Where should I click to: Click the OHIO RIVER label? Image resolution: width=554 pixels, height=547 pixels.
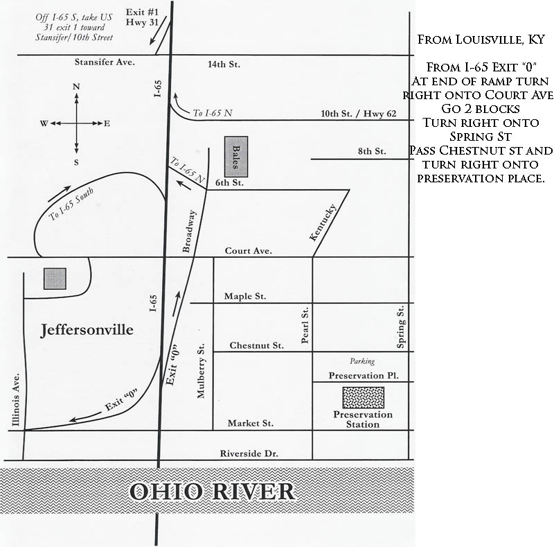pyautogui.click(x=212, y=491)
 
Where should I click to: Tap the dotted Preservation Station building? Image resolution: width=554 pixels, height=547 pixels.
pyautogui.click(x=363, y=397)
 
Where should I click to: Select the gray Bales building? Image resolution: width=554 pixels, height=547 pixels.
pyautogui.click(x=236, y=157)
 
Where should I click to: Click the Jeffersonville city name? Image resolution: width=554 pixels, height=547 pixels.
pyautogui.click(x=87, y=330)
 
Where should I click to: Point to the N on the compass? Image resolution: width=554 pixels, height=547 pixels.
pyautogui.click(x=76, y=87)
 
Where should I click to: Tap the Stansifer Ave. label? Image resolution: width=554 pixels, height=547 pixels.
pyautogui.click(x=105, y=62)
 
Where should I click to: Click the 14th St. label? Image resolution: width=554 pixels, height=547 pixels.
pyautogui.click(x=224, y=64)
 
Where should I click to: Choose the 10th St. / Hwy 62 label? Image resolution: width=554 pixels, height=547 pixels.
pyautogui.click(x=359, y=114)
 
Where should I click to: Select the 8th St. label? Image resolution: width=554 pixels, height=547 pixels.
pyautogui.click(x=372, y=151)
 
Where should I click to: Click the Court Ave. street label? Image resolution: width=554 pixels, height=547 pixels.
pyautogui.click(x=249, y=251)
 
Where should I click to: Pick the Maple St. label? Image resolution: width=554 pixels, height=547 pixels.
pyautogui.click(x=245, y=296)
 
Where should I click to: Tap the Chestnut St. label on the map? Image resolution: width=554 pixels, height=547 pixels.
pyautogui.click(x=256, y=345)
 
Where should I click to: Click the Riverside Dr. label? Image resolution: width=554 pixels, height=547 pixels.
pyautogui.click(x=249, y=453)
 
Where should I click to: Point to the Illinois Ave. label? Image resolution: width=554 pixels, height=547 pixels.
pyautogui.click(x=15, y=399)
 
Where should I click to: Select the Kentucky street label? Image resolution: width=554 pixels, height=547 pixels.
pyautogui.click(x=323, y=223)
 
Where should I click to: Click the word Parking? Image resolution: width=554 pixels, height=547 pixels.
pyautogui.click(x=362, y=361)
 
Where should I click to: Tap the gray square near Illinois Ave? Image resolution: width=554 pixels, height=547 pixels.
pyautogui.click(x=55, y=279)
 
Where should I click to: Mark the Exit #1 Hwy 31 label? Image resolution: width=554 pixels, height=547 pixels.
pyautogui.click(x=142, y=17)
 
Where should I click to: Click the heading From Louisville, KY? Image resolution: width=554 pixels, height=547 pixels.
pyautogui.click(x=481, y=40)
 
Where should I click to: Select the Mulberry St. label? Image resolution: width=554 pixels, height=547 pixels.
pyautogui.click(x=201, y=370)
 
